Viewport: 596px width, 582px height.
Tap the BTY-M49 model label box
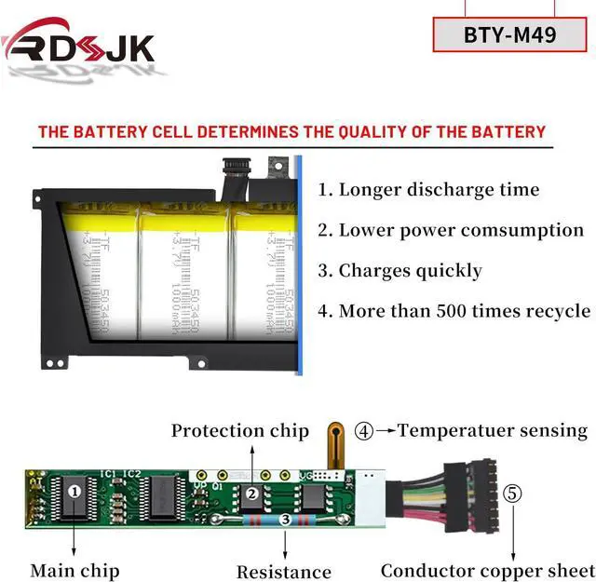pos(509,36)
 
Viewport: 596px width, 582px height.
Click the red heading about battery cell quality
pos(291,131)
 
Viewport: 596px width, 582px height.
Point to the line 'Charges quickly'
pos(400,271)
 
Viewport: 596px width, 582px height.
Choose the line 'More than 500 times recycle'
pos(454,311)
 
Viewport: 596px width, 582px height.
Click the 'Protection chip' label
pos(239,431)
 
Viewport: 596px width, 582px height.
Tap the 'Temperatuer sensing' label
pos(493,430)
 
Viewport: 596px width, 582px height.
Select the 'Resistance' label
pos(283,572)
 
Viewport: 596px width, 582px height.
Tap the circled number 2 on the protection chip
pos(251,494)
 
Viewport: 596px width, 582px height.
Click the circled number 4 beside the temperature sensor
pos(364,430)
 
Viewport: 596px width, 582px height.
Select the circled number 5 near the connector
pos(513,494)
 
